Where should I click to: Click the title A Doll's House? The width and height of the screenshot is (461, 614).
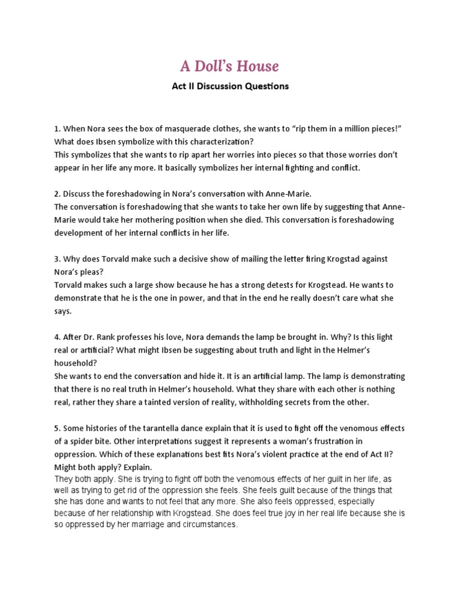pos(230,65)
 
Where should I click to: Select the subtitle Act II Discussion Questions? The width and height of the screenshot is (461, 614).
pos(230,86)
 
